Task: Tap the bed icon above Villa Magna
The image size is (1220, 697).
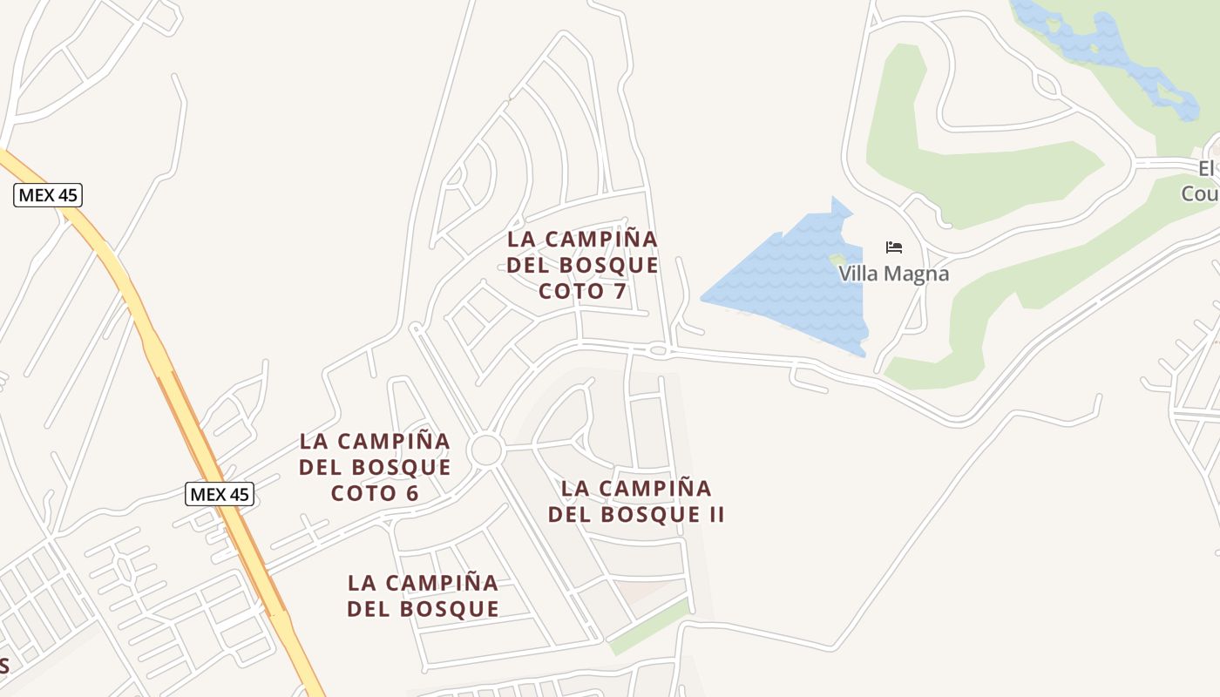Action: tap(893, 247)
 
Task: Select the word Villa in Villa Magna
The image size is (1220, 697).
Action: tap(858, 274)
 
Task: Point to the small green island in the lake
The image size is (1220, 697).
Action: tap(837, 260)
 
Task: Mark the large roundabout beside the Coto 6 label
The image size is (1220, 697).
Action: tap(485, 450)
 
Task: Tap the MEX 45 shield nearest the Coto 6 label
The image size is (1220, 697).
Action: tap(220, 495)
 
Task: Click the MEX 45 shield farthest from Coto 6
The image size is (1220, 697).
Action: tap(48, 195)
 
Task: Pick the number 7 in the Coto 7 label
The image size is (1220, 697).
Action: tap(620, 291)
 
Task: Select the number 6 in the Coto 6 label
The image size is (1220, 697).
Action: tap(411, 493)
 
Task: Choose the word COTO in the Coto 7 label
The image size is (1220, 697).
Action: tap(571, 291)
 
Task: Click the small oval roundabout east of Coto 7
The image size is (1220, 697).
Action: tap(659, 350)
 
